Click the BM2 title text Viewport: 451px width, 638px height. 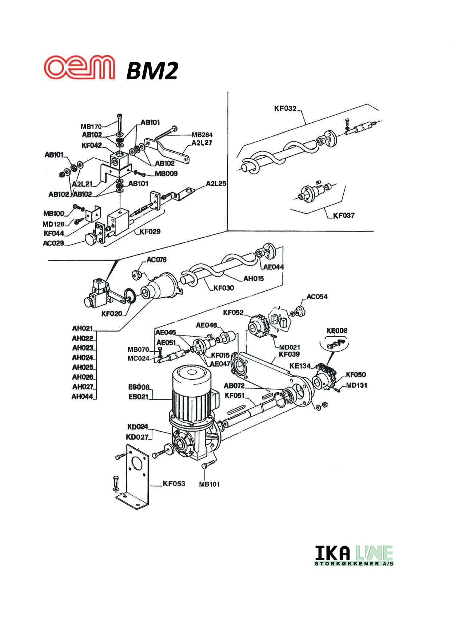tap(152, 71)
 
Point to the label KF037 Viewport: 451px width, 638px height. tap(343, 215)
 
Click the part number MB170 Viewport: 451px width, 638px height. tap(91, 127)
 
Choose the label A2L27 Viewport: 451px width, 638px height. tap(201, 143)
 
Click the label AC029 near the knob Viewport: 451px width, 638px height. tap(53, 243)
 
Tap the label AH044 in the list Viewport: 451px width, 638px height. tap(82, 397)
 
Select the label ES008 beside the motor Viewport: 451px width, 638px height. tap(139, 387)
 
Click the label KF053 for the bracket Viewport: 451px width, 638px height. tap(173, 484)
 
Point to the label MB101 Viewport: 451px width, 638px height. tap(209, 484)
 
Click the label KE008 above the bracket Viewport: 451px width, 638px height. tap(337, 331)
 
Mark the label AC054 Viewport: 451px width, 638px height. tap(317, 297)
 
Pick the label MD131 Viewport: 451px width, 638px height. tap(356, 385)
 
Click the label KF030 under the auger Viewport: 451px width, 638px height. tap(224, 288)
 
